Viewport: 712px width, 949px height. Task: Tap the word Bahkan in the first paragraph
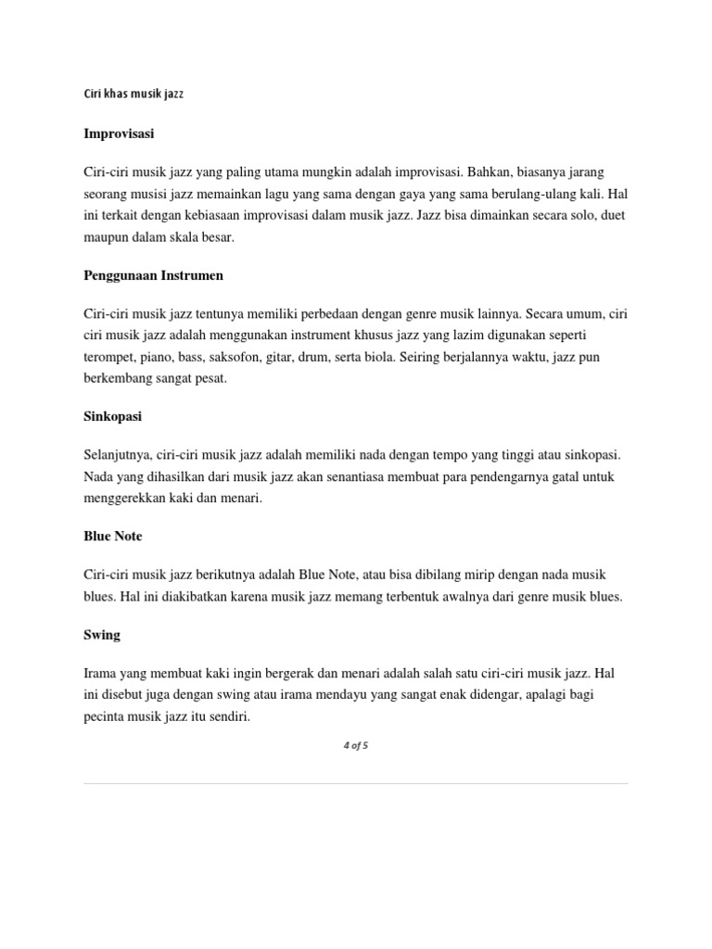point(489,172)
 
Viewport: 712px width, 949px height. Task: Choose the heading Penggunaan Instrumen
point(153,275)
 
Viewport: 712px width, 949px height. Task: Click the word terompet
point(109,357)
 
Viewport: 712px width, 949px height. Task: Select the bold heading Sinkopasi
point(113,417)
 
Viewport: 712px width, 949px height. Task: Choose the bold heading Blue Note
point(113,537)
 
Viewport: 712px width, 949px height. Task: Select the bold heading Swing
point(102,635)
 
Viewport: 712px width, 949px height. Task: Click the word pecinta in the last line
point(105,716)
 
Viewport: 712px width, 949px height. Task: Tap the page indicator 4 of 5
point(356,746)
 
